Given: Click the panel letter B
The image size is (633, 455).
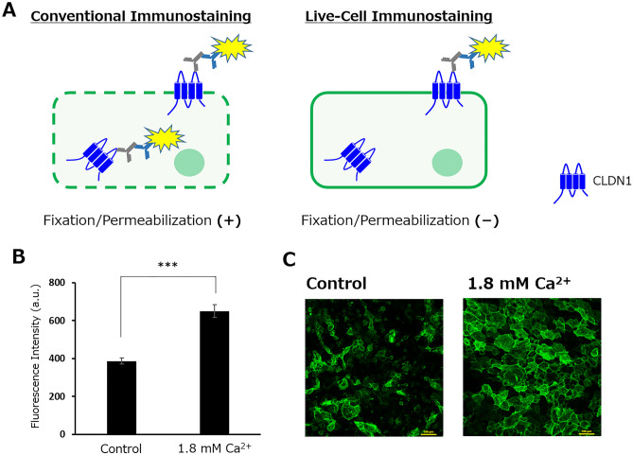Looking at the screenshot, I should [x=13, y=255].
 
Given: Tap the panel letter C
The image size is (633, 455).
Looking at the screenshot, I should [x=292, y=255].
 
